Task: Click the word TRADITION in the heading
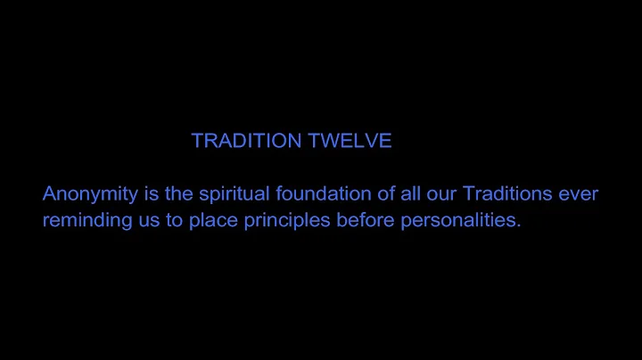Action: pyautogui.click(x=243, y=142)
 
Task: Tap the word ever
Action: pyautogui.click(x=580, y=193)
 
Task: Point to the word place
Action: pyautogui.click(x=212, y=221)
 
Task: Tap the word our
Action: pyautogui.click(x=449, y=193)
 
